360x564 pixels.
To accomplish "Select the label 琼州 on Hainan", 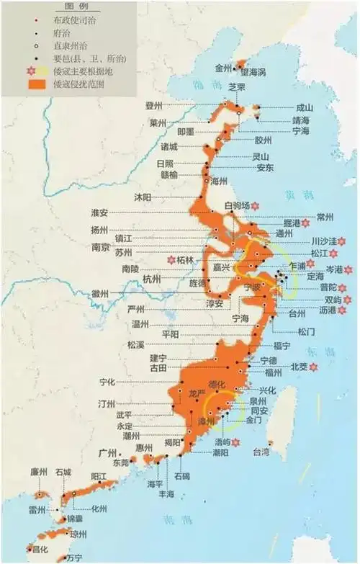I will point(78,534).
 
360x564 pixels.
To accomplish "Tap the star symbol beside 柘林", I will point(171,259).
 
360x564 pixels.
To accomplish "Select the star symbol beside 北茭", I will point(313,367).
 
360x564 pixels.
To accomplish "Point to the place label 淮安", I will point(99,213).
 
